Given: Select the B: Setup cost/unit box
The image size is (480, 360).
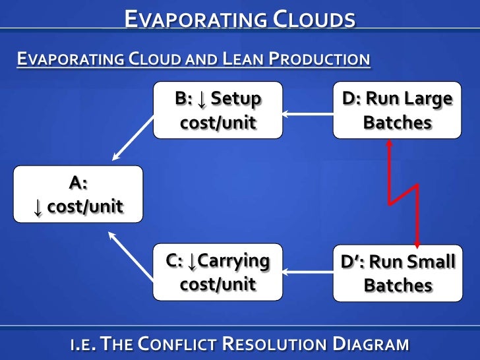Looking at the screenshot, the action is (218, 110).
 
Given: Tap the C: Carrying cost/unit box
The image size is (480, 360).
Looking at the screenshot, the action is (218, 272).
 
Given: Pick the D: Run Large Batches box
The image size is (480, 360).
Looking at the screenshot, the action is (397, 110).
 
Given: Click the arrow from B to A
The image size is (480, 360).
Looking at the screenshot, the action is (133, 140).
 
